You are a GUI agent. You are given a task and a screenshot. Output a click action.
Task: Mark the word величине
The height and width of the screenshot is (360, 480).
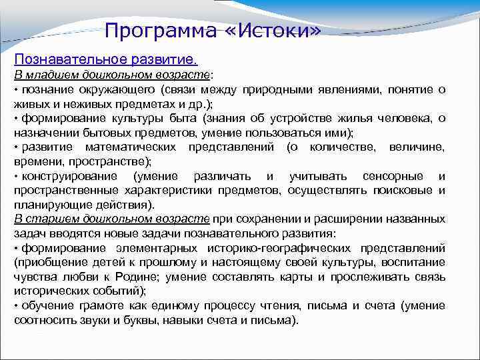coord(417,147)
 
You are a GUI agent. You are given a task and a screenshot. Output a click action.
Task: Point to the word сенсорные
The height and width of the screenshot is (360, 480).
coord(392,176)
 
